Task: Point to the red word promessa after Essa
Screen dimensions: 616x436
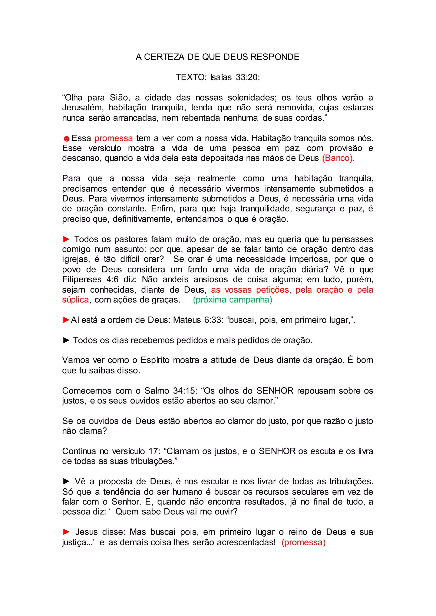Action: click(x=113, y=138)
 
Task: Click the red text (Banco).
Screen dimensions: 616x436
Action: click(x=338, y=158)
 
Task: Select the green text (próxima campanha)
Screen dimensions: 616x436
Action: click(x=232, y=300)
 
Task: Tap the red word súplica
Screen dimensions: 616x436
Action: click(x=75, y=300)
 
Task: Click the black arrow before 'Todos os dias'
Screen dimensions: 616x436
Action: click(x=66, y=340)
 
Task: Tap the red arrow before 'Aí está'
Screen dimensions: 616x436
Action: click(x=66, y=320)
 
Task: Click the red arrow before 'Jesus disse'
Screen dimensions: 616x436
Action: click(x=66, y=532)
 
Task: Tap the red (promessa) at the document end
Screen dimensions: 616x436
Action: click(x=303, y=542)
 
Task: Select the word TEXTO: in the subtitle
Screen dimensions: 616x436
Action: click(x=191, y=77)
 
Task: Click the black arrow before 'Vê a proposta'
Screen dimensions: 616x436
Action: click(x=66, y=481)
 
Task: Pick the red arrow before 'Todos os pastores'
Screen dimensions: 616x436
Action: click(x=66, y=239)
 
